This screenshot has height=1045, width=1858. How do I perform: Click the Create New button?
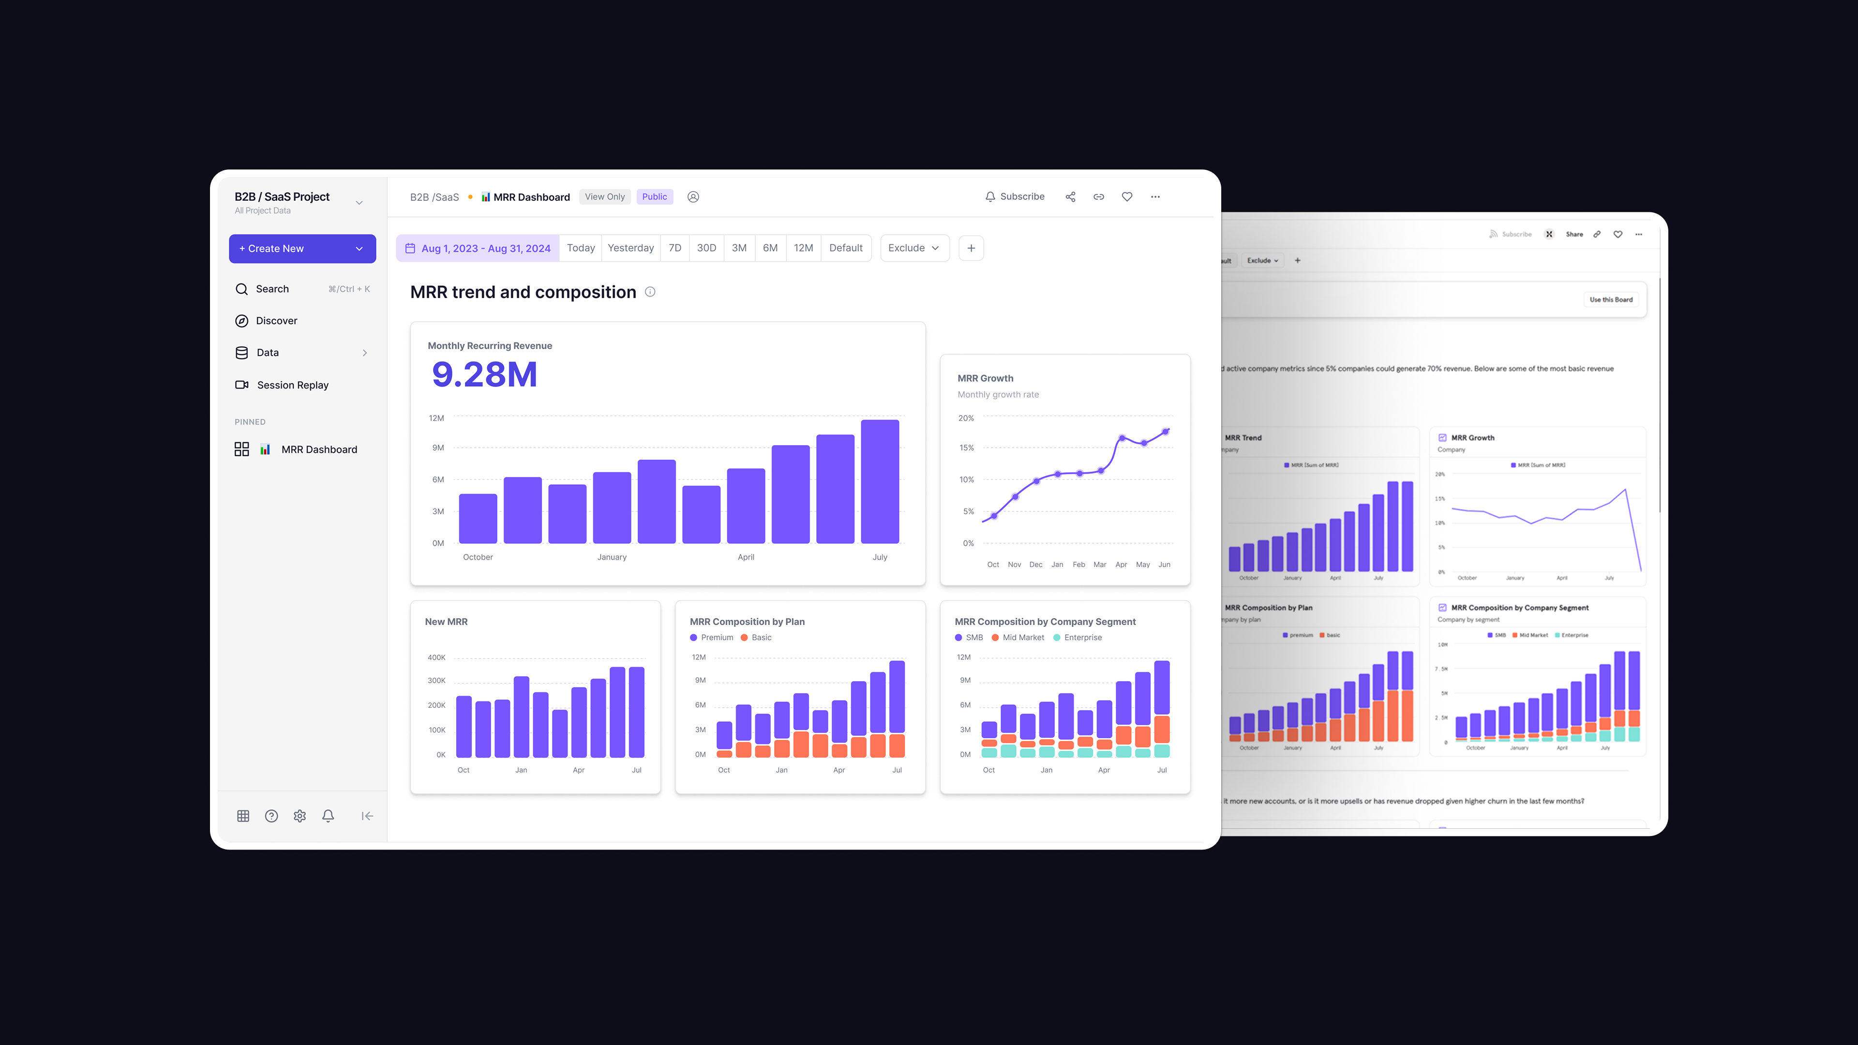[301, 248]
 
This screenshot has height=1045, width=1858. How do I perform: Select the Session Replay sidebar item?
[292, 385]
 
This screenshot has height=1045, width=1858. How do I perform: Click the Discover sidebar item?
[276, 321]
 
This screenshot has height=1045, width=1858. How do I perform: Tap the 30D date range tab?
[706, 248]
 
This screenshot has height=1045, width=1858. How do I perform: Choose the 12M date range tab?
[803, 248]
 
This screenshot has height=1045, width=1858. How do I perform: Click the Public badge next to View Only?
[654, 197]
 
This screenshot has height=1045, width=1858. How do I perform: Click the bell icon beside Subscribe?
[990, 197]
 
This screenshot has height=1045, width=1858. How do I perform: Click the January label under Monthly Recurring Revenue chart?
[612, 557]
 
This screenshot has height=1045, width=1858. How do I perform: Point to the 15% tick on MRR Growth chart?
[967, 448]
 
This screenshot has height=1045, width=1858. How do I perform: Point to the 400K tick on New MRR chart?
[436, 658]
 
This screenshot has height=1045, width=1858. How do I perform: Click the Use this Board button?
[1611, 300]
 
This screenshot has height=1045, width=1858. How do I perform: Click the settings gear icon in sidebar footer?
[300, 816]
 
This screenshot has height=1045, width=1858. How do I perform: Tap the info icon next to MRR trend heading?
[650, 292]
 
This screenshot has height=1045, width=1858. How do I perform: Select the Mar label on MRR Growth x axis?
[1099, 565]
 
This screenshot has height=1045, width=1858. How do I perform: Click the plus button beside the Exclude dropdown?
[971, 248]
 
